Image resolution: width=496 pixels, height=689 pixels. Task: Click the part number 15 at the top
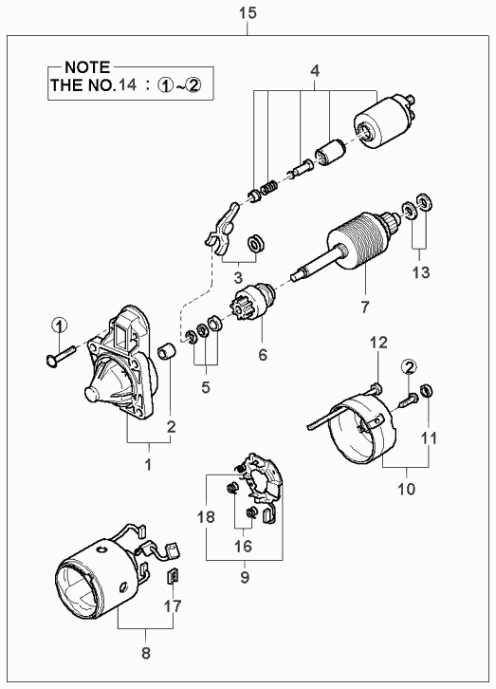(248, 12)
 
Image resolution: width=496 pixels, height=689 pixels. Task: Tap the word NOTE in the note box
(87, 67)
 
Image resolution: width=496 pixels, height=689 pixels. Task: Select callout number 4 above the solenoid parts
(315, 71)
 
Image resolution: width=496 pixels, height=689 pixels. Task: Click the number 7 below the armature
(365, 307)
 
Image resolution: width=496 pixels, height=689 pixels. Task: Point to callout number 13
(420, 272)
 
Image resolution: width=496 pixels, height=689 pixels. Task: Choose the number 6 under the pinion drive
(263, 354)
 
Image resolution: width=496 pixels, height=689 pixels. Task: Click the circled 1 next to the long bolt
(60, 326)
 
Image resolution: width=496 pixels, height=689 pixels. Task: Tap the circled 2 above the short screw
(409, 367)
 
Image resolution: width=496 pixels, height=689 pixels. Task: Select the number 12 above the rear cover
(378, 343)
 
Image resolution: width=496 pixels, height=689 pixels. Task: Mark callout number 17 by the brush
(173, 606)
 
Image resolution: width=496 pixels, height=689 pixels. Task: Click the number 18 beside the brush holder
(206, 516)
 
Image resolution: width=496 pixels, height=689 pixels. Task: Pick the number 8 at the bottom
(146, 653)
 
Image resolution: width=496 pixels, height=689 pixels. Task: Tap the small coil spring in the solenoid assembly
(268, 189)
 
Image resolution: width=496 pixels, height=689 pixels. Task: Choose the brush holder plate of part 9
(263, 480)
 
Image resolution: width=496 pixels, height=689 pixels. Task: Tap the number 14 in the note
(127, 84)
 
